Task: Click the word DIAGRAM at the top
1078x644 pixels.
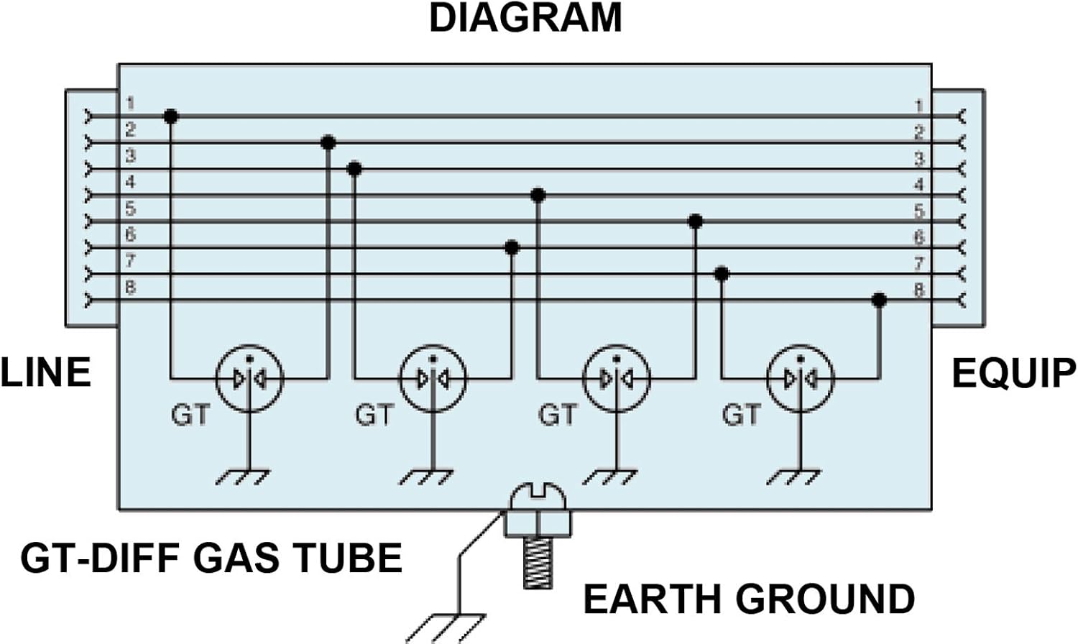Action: point(525,18)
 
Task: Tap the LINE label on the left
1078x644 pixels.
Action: point(46,372)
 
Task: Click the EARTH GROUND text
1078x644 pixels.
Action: point(749,599)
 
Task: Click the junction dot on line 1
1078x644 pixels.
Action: point(171,116)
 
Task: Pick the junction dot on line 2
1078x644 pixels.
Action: point(328,143)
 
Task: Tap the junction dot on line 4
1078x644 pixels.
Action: point(538,195)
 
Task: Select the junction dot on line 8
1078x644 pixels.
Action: point(879,301)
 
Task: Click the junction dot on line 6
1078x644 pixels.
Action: point(512,248)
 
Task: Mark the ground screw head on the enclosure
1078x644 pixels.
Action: point(538,497)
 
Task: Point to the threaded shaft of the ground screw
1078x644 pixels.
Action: point(538,563)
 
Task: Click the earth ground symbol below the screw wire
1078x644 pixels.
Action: point(446,628)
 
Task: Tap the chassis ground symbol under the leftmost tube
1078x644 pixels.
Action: point(243,477)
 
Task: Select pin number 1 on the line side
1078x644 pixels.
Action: point(130,103)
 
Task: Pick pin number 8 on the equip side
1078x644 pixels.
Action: point(918,290)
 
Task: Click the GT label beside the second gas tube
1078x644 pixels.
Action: point(374,415)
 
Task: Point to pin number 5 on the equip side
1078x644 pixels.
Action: point(918,211)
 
